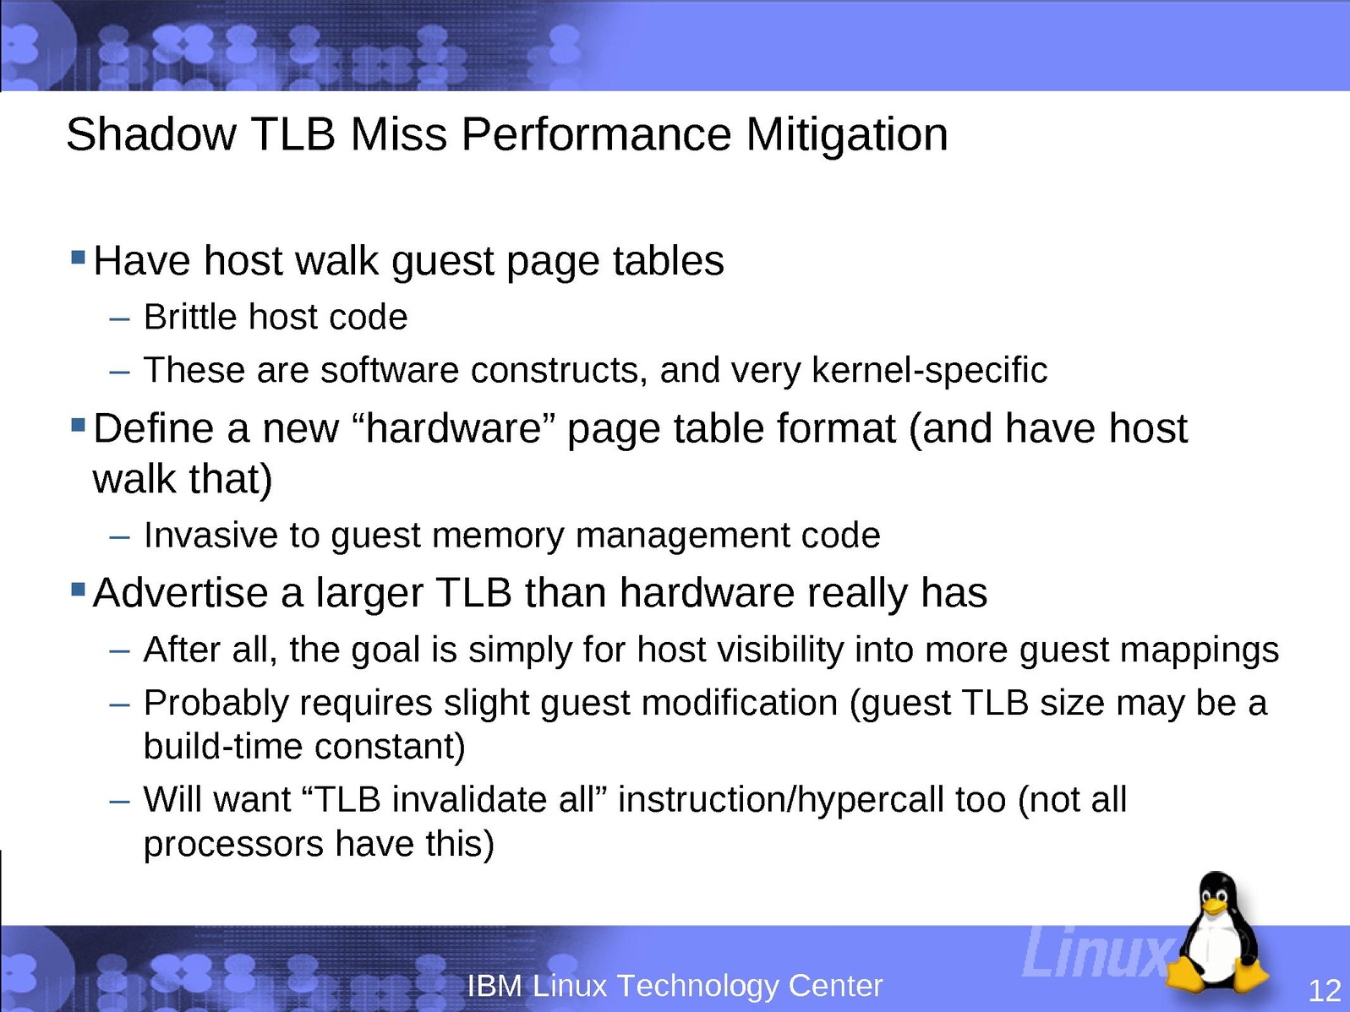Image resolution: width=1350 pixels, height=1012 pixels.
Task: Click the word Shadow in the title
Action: click(x=151, y=134)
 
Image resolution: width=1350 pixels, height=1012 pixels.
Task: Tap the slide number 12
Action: click(x=1324, y=991)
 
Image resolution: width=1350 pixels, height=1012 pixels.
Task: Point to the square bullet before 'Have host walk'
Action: click(x=78, y=256)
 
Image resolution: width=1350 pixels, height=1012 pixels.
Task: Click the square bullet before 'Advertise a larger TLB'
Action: click(x=78, y=590)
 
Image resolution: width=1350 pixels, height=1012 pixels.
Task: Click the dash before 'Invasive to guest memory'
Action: click(x=119, y=537)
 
